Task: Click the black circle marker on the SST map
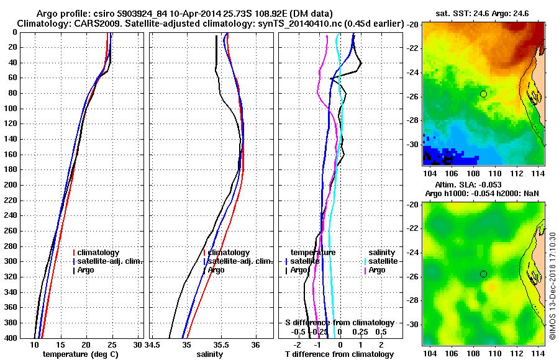coord(483,94)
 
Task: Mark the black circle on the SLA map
coord(483,274)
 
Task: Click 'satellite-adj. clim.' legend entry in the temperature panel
coord(110,261)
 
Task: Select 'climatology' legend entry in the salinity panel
coord(229,253)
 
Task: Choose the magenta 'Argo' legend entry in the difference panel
coord(377,270)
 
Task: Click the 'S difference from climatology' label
coord(340,322)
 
